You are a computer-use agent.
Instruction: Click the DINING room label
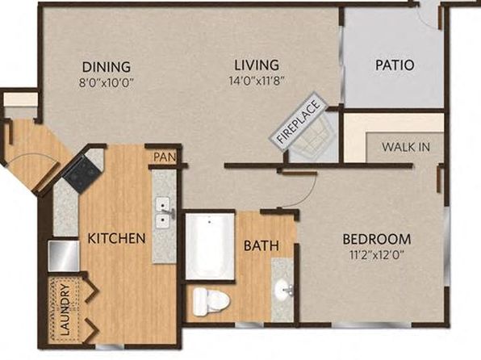[x=107, y=67]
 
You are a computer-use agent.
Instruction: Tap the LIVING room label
[x=257, y=65]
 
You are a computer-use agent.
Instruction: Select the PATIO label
[x=395, y=65]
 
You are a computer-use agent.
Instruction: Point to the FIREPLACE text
[x=299, y=122]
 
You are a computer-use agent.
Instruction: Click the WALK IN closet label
[x=406, y=147]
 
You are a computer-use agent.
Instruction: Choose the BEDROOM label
[x=376, y=239]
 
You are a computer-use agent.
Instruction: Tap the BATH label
[x=261, y=245]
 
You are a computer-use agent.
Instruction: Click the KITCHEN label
[x=116, y=238]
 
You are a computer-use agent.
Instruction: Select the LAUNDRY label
[x=65, y=309]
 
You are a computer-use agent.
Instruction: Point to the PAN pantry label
[x=165, y=157]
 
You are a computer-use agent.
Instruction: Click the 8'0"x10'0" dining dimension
[x=107, y=83]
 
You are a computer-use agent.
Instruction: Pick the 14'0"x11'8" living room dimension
[x=257, y=81]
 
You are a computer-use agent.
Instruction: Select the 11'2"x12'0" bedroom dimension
[x=376, y=255]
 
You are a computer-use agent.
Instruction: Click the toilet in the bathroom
[x=211, y=302]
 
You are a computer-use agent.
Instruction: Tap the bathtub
[x=210, y=246]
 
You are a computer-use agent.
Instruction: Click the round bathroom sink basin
[x=282, y=289]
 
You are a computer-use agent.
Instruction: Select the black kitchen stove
[x=81, y=174]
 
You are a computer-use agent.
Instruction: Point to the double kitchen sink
[x=164, y=212]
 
